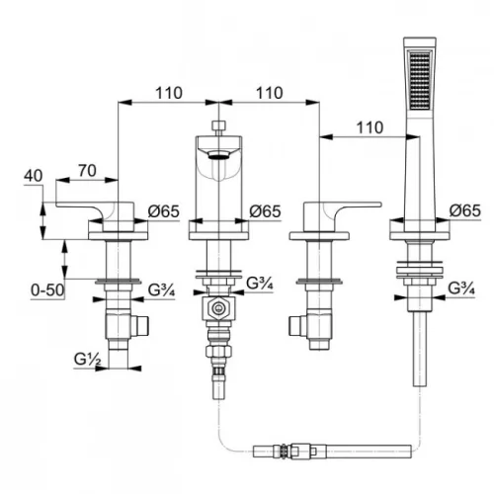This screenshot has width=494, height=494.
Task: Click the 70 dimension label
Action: pos(87,171)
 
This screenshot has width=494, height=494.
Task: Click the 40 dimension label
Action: pos(34,176)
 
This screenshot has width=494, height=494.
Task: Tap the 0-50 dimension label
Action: pos(47,290)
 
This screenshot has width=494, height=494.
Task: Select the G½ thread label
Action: pos(87,359)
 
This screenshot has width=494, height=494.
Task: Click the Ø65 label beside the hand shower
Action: pos(465,210)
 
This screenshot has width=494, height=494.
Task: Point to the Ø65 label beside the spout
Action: pos(265,211)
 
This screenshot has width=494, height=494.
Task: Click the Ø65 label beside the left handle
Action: pos(164,211)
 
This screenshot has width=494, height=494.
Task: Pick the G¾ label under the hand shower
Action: pos(461,288)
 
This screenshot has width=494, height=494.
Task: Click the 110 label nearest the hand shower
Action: pos(370,127)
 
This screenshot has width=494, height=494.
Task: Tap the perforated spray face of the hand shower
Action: pos(420,79)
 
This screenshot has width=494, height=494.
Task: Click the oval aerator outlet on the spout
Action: pos(219,154)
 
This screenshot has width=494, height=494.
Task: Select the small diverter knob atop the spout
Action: pos(219,125)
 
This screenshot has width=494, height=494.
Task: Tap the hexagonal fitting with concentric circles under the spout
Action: pos(218,308)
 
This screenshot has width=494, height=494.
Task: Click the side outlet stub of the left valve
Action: pos(140,326)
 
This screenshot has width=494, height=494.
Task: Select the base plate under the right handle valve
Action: pos(319,236)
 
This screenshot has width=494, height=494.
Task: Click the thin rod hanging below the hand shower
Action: pos(420,349)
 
